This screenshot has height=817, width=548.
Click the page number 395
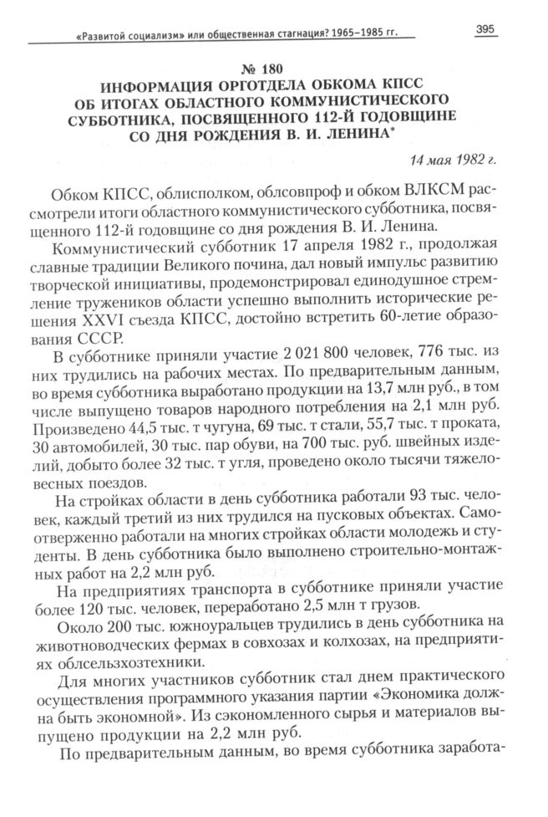485,29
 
